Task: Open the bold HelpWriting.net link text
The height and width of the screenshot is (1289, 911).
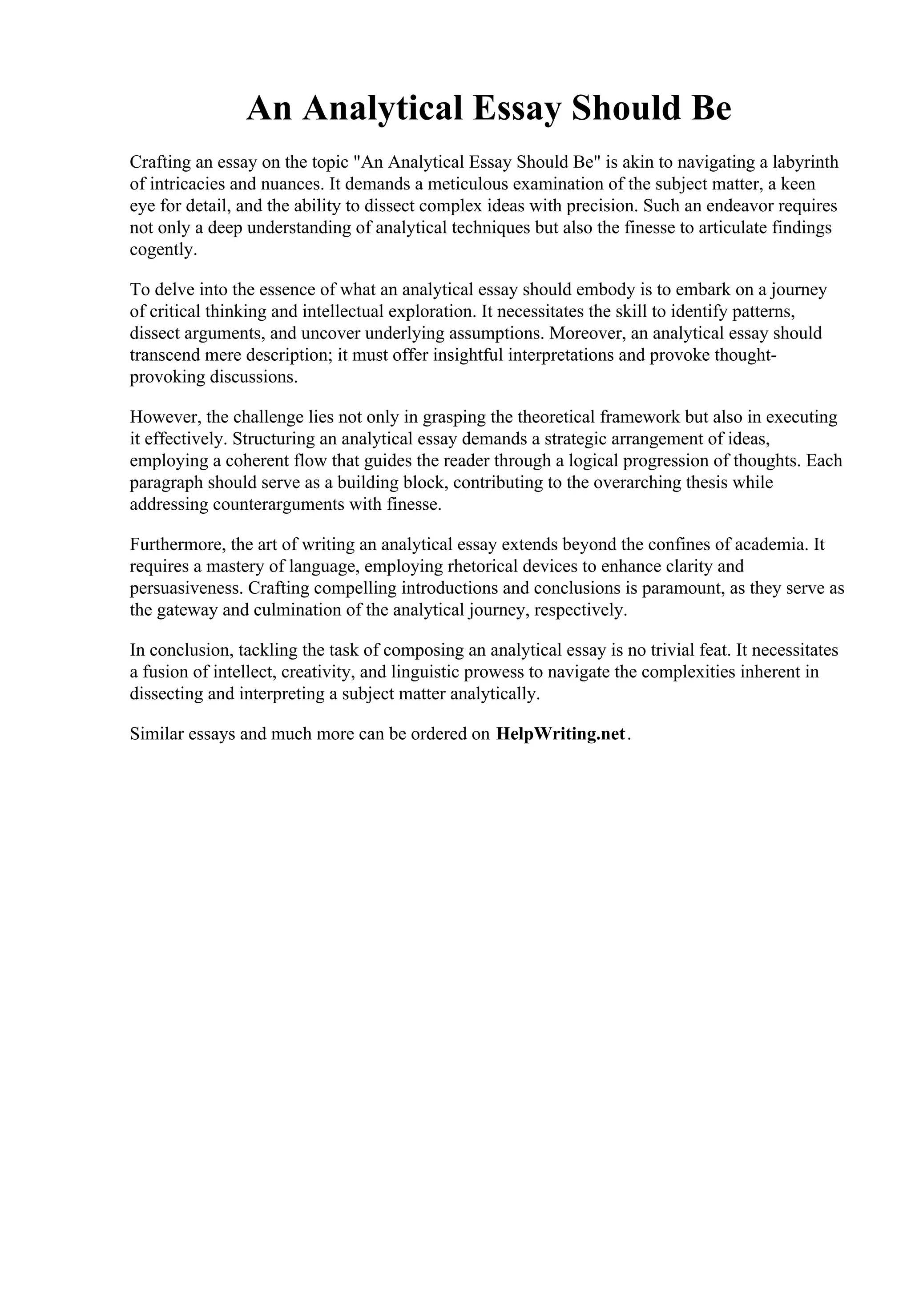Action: click(560, 734)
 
